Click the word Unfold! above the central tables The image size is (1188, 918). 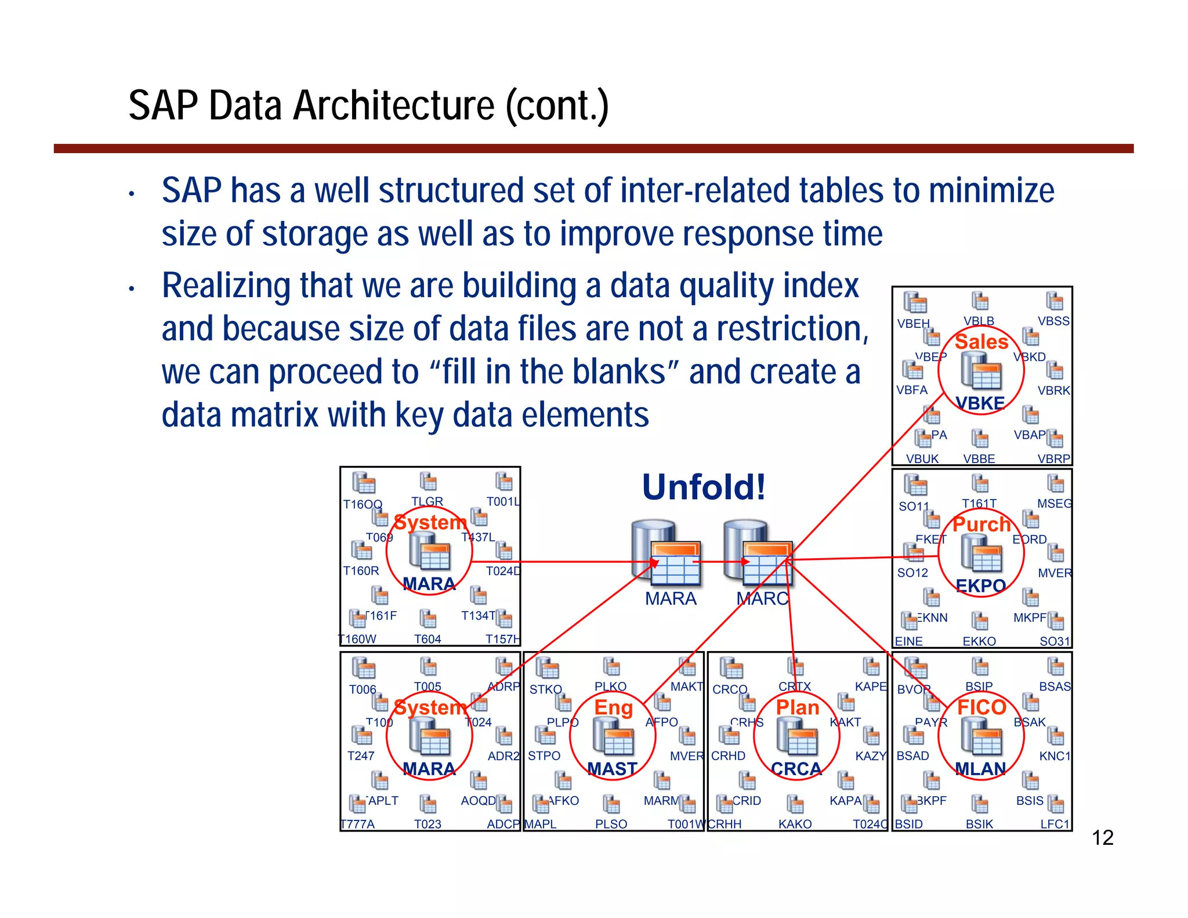click(x=704, y=487)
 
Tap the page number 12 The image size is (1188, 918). click(x=1102, y=838)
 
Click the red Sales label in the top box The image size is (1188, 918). click(x=981, y=342)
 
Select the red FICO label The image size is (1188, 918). click(x=981, y=707)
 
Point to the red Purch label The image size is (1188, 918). click(x=981, y=524)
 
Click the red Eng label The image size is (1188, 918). click(x=613, y=707)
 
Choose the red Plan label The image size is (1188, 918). click(x=798, y=707)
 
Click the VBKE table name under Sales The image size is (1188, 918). click(x=980, y=403)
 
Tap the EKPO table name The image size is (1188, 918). click(x=980, y=586)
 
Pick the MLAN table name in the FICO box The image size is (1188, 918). click(x=980, y=769)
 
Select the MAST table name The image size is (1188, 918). click(x=612, y=769)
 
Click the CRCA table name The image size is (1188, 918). click(x=796, y=769)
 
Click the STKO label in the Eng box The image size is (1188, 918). click(x=545, y=689)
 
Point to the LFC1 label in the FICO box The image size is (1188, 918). click(x=1055, y=824)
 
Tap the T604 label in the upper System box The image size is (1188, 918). click(x=428, y=639)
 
